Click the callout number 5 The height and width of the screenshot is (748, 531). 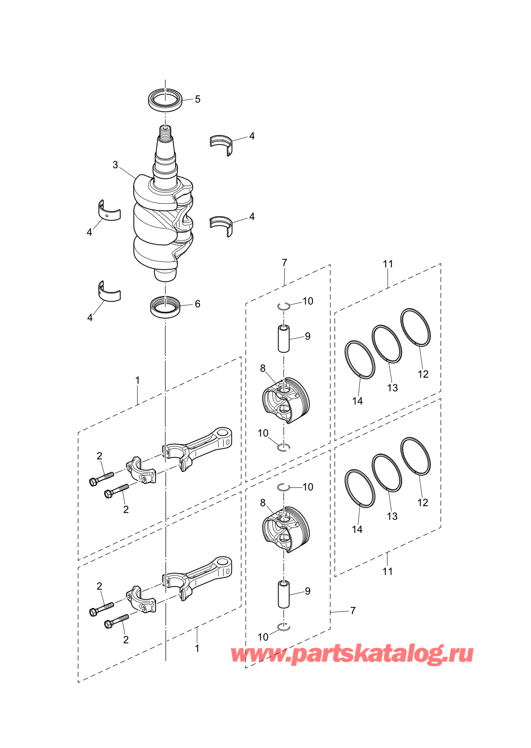tap(198, 99)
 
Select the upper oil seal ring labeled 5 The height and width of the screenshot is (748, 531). tap(166, 99)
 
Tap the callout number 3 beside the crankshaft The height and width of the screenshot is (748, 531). tap(115, 165)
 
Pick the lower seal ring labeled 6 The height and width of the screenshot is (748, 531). tap(165, 307)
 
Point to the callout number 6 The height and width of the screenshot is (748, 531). tap(198, 304)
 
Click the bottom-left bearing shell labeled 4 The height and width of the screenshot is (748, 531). tap(110, 291)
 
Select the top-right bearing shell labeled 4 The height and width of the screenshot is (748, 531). tap(221, 145)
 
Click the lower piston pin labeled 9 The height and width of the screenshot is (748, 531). tap(284, 594)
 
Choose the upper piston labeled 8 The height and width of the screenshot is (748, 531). tap(286, 401)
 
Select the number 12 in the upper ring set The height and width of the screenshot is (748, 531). tap(423, 374)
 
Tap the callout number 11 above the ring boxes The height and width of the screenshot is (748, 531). tap(388, 264)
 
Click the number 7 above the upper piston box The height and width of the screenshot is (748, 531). tap(284, 263)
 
